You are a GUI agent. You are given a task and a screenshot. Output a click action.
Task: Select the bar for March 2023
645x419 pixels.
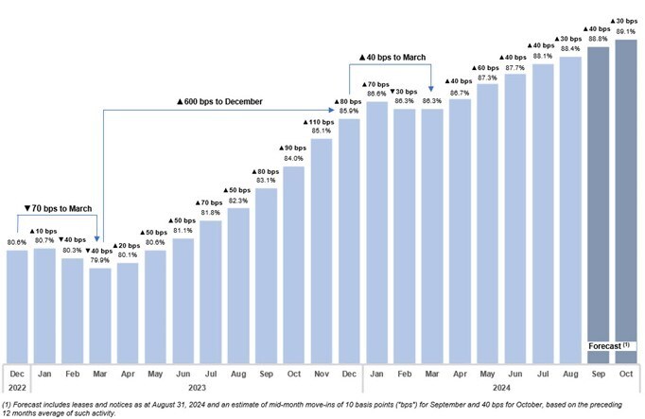100,316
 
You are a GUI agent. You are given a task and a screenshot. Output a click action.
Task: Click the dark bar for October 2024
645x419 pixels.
626,201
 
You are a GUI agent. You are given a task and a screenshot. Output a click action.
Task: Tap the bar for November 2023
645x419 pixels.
322,252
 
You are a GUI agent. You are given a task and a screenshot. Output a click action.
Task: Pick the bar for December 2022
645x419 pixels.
17,306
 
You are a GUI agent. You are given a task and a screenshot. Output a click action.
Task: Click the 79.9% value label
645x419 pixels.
100,260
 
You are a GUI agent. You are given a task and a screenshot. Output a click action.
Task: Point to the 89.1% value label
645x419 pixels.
626,31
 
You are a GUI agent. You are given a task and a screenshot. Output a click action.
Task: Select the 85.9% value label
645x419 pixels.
349,111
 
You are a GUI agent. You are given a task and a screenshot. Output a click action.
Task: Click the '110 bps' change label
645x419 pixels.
319,122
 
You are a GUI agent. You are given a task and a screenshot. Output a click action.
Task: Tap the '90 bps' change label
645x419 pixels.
292,148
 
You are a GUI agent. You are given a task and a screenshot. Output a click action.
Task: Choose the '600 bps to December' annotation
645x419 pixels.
219,101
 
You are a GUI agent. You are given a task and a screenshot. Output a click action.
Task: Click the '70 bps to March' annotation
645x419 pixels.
58,208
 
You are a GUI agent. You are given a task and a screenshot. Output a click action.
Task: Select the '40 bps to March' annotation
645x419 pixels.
392,58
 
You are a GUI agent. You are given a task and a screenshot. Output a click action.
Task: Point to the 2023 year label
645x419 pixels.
197,388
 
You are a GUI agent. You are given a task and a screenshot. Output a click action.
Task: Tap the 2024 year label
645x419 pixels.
501,388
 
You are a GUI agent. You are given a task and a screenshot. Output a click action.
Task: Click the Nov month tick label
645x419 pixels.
322,374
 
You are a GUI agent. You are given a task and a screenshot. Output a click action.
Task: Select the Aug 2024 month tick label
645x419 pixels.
570,375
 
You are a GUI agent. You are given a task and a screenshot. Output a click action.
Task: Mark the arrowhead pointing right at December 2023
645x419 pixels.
332,110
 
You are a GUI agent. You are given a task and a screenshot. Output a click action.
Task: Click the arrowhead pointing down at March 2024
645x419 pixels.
430,89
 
